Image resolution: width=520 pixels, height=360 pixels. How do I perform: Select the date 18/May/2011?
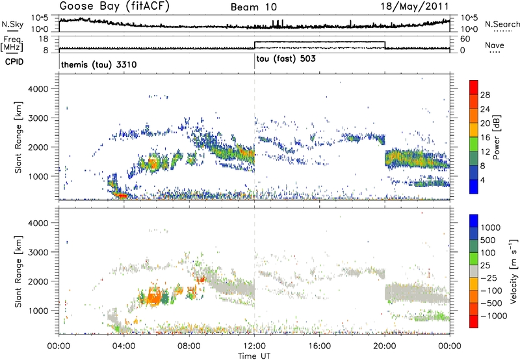pyautogui.click(x=419, y=7)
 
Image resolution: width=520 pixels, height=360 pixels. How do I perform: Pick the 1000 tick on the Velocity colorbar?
pyautogui.click(x=493, y=228)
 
